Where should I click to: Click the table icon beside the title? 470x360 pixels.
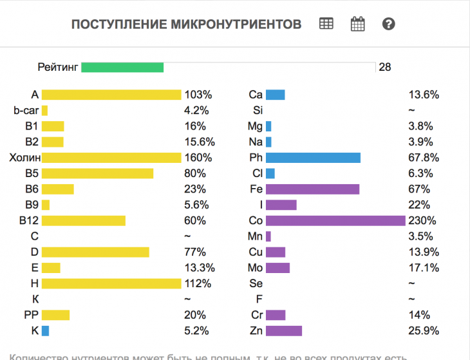326,24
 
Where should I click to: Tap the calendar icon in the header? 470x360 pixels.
357,24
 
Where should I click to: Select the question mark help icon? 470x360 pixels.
388,24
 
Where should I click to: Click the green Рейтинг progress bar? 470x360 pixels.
122,67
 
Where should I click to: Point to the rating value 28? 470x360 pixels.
385,67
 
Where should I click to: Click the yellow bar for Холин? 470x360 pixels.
111,158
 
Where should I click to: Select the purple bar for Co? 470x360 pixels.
335,220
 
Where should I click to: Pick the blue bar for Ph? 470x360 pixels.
313,158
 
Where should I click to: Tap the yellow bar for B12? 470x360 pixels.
84,220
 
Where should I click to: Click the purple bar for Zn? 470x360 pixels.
284,331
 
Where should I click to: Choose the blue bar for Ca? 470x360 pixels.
275,95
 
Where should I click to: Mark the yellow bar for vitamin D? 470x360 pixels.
95,252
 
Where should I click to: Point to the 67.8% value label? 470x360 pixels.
424,158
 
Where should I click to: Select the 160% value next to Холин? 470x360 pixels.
198,158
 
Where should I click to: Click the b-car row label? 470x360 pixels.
26,110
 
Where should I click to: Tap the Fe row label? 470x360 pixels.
255,189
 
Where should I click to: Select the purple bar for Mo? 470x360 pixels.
278,268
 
